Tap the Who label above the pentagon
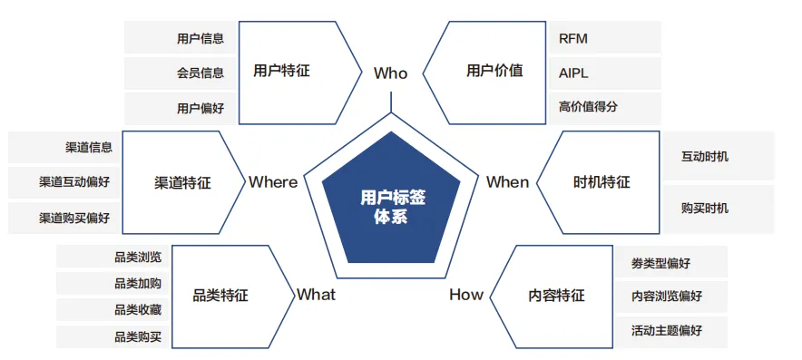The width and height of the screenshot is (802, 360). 390,73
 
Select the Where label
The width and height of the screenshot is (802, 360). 273,182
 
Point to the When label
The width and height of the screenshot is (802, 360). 507,182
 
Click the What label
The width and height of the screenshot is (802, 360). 316,295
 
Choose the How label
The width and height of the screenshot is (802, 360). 466,295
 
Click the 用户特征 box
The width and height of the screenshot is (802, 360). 282,71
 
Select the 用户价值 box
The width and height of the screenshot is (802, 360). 494,71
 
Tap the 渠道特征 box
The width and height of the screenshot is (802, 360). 182,182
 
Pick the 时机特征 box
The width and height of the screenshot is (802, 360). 601,182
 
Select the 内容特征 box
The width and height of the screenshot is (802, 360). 556,295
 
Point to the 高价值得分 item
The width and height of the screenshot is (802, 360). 588,107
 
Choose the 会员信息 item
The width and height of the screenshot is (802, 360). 200,73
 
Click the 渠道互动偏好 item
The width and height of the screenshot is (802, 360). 74,182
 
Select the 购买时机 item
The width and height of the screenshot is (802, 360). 705,209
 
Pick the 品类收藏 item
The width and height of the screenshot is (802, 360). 138,310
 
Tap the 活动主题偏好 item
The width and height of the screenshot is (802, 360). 667,330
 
